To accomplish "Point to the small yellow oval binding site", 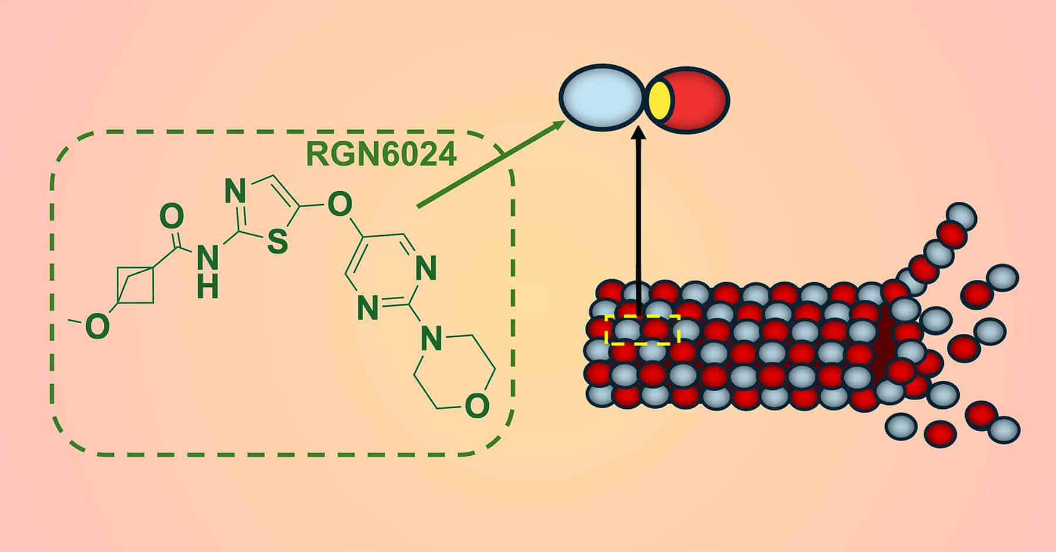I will coord(660,100).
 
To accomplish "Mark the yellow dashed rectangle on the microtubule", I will coord(642,329).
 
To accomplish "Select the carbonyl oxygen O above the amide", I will coord(171,216).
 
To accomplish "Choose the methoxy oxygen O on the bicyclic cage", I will coord(97,327).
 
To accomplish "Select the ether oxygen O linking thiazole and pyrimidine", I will coord(339,205).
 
